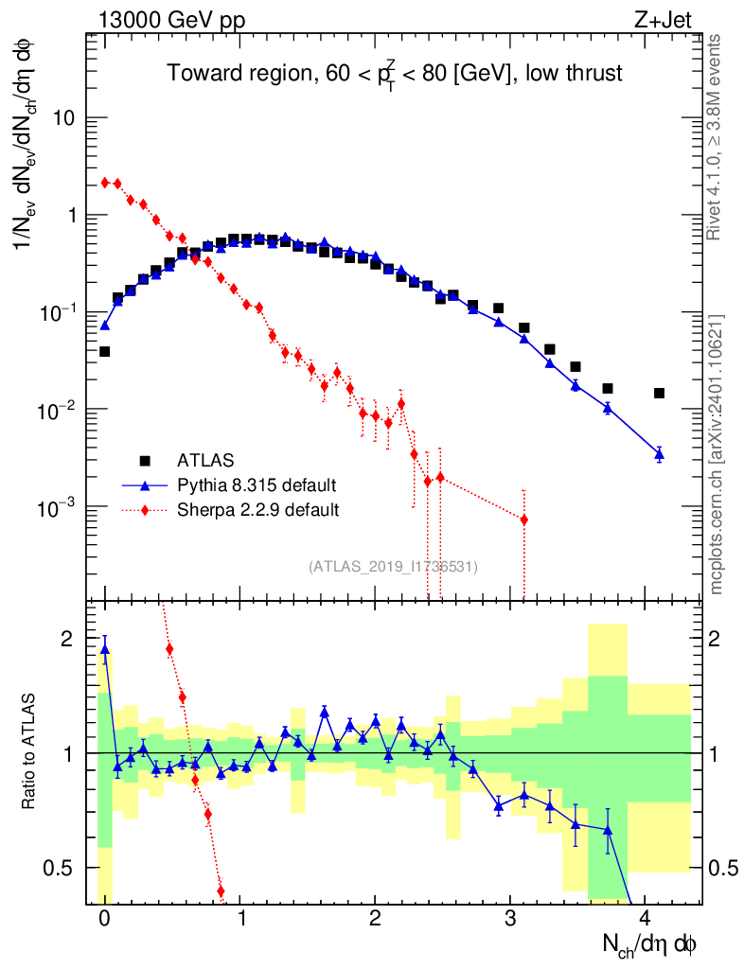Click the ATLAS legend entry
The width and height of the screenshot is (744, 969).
tap(200, 461)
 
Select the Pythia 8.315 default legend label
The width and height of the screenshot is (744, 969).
tap(257, 485)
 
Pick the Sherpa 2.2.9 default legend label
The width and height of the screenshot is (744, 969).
tap(258, 510)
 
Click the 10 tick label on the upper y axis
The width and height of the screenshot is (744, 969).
tap(62, 118)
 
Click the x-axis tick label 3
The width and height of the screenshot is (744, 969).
tap(510, 919)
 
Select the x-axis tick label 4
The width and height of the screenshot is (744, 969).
tap(646, 919)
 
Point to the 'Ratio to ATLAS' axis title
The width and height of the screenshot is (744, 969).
tap(30, 752)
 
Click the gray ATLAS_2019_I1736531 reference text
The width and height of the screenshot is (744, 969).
tap(393, 567)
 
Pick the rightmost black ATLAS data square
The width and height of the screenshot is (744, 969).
tap(659, 393)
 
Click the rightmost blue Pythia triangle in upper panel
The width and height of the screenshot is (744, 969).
tap(659, 454)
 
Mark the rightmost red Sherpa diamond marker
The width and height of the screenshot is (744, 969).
tap(523, 520)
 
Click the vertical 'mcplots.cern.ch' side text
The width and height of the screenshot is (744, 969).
tap(717, 454)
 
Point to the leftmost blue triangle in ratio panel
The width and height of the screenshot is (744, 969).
tap(105, 649)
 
